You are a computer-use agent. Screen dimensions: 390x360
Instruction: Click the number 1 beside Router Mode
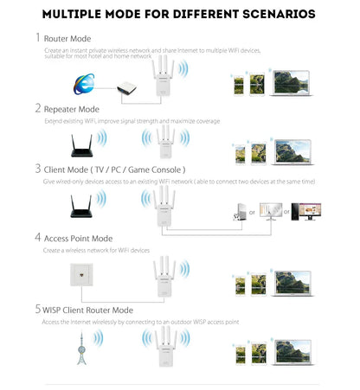[37, 38]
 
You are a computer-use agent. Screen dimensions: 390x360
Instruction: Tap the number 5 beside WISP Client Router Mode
[37, 309]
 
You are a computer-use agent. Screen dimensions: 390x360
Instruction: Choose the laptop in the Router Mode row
[296, 83]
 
